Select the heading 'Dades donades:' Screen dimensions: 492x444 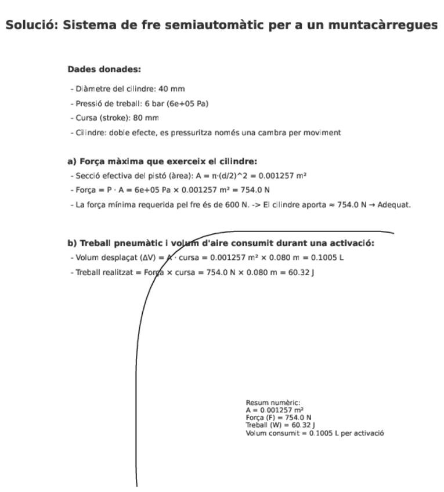pos(104,69)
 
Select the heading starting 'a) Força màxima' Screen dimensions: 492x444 pos(162,161)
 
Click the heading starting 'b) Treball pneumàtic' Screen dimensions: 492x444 pos(221,243)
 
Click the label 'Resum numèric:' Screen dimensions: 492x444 pos(273,403)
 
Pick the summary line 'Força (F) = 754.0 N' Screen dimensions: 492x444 pos(278,417)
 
